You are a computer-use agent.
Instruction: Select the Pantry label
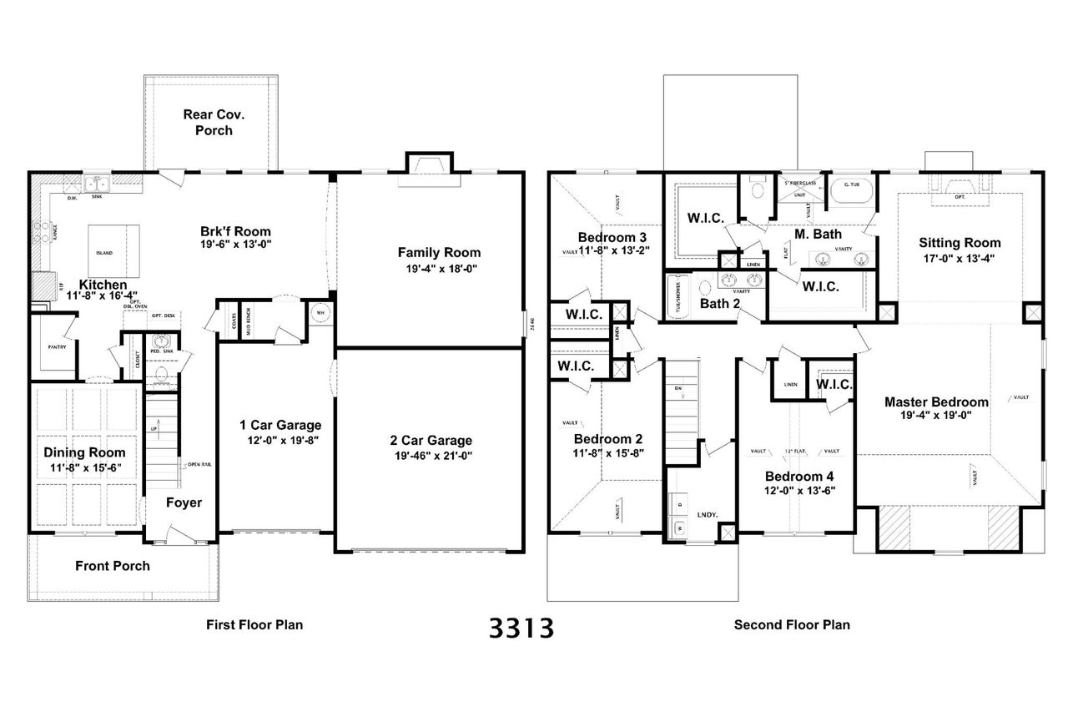pyautogui.click(x=57, y=345)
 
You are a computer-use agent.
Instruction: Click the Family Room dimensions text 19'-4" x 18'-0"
pyautogui.click(x=438, y=269)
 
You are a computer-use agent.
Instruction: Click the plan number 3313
pyautogui.click(x=521, y=628)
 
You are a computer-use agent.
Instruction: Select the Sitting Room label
pyautogui.click(x=960, y=243)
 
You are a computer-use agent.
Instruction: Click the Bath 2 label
pyautogui.click(x=719, y=303)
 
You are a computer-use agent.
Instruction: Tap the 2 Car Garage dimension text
pyautogui.click(x=431, y=456)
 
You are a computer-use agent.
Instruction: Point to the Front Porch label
pyautogui.click(x=113, y=566)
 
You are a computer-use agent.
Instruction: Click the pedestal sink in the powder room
pyautogui.click(x=162, y=343)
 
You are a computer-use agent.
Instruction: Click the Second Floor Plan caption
pyautogui.click(x=792, y=624)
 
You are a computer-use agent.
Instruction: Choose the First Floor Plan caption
pyautogui.click(x=254, y=624)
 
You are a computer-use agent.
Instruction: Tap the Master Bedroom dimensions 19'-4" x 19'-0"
pyautogui.click(x=936, y=415)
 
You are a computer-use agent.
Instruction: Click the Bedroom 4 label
pyautogui.click(x=800, y=477)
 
